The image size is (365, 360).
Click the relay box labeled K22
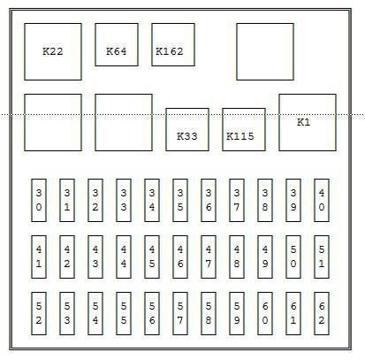53,51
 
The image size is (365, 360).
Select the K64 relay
117,44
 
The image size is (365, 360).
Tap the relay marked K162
173,44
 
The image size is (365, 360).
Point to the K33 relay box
187,129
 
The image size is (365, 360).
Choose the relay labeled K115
244,129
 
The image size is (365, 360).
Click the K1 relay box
308,122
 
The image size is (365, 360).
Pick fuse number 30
39,200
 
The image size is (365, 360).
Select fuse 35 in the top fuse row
180,200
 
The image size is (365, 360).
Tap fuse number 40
322,200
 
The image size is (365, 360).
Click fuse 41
39,257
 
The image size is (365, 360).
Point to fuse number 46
180,257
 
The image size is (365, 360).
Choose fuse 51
322,257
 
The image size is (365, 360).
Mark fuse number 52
39,313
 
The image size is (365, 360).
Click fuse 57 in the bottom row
180,313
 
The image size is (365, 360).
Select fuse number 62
322,313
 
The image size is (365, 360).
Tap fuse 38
265,200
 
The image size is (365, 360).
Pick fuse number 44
124,257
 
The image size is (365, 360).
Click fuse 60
265,313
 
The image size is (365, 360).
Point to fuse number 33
124,200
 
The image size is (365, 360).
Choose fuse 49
265,257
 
